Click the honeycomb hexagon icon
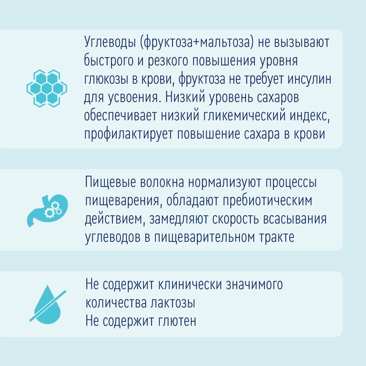tap(47, 88)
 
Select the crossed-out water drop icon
tap(47, 304)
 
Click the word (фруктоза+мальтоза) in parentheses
tap(197, 42)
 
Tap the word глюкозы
tap(106, 79)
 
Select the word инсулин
tap(309, 79)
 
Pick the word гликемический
tap(244, 115)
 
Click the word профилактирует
tap(129, 134)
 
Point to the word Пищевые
tap(110, 182)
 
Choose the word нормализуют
tap(225, 182)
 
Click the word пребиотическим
tap(268, 201)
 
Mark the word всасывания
tap(295, 219)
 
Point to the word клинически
tap(190, 285)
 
